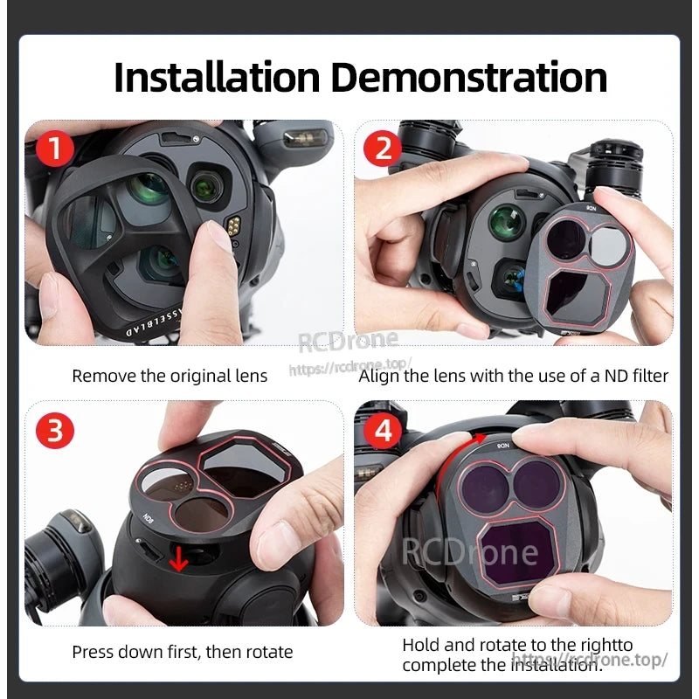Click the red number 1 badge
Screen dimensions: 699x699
[55, 149]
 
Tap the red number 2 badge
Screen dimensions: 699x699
[383, 149]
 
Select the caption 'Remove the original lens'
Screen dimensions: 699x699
[170, 376]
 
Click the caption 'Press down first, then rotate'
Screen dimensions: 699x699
[182, 652]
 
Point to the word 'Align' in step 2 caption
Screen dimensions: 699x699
[378, 376]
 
